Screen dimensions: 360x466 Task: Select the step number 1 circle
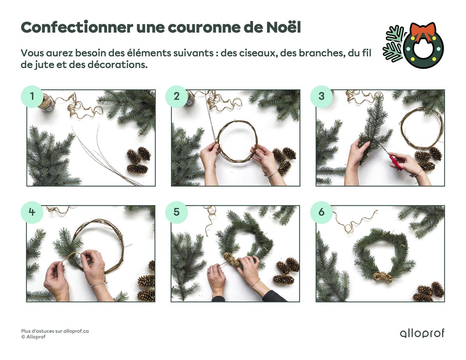tap(32, 97)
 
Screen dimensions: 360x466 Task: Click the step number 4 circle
tap(32, 212)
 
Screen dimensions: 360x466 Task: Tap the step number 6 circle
tap(321, 212)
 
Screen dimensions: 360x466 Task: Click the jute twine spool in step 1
tap(45, 102)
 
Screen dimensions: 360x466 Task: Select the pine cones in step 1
tap(139, 160)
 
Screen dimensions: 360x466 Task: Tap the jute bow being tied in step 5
tap(231, 259)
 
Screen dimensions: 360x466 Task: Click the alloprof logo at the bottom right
tap(422, 333)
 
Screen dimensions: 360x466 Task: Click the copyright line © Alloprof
tap(33, 337)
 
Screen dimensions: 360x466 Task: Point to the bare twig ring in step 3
tap(422, 128)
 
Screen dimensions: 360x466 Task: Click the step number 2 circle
tap(176, 97)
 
